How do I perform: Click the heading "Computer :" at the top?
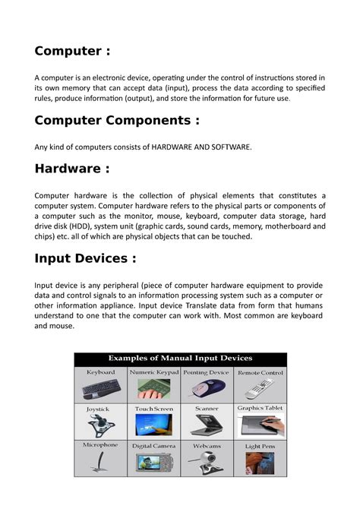(x=72, y=51)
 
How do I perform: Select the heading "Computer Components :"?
(x=118, y=120)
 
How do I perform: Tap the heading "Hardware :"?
(x=72, y=168)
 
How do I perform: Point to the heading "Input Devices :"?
(x=86, y=258)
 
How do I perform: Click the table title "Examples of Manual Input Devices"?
(x=180, y=358)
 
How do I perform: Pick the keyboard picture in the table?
(x=100, y=390)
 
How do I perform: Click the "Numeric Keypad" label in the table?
(x=153, y=373)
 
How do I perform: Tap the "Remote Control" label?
(x=260, y=373)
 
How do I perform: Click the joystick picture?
(x=100, y=425)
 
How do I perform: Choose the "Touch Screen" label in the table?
(x=153, y=409)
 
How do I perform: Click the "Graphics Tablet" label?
(x=260, y=408)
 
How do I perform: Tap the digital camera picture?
(x=153, y=463)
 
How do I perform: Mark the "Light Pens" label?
(x=260, y=447)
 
